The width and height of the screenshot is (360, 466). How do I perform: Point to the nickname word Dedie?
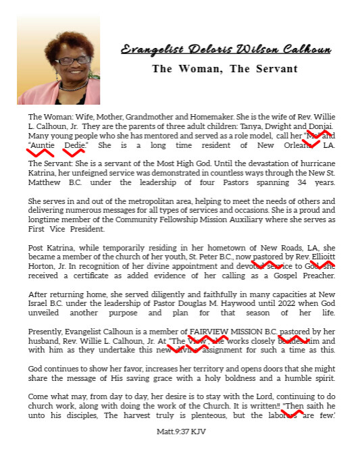75,145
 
